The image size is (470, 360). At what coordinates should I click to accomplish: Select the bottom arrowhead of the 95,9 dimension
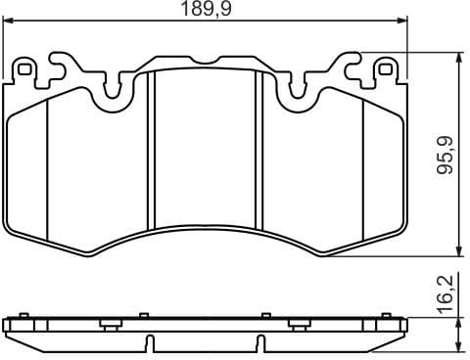[x=458, y=252]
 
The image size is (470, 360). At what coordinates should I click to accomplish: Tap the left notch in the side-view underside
[x=149, y=343]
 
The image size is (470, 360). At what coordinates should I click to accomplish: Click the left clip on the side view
[x=111, y=324]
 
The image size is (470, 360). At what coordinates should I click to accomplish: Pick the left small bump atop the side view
[x=142, y=315]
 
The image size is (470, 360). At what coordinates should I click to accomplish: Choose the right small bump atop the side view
[x=267, y=315]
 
